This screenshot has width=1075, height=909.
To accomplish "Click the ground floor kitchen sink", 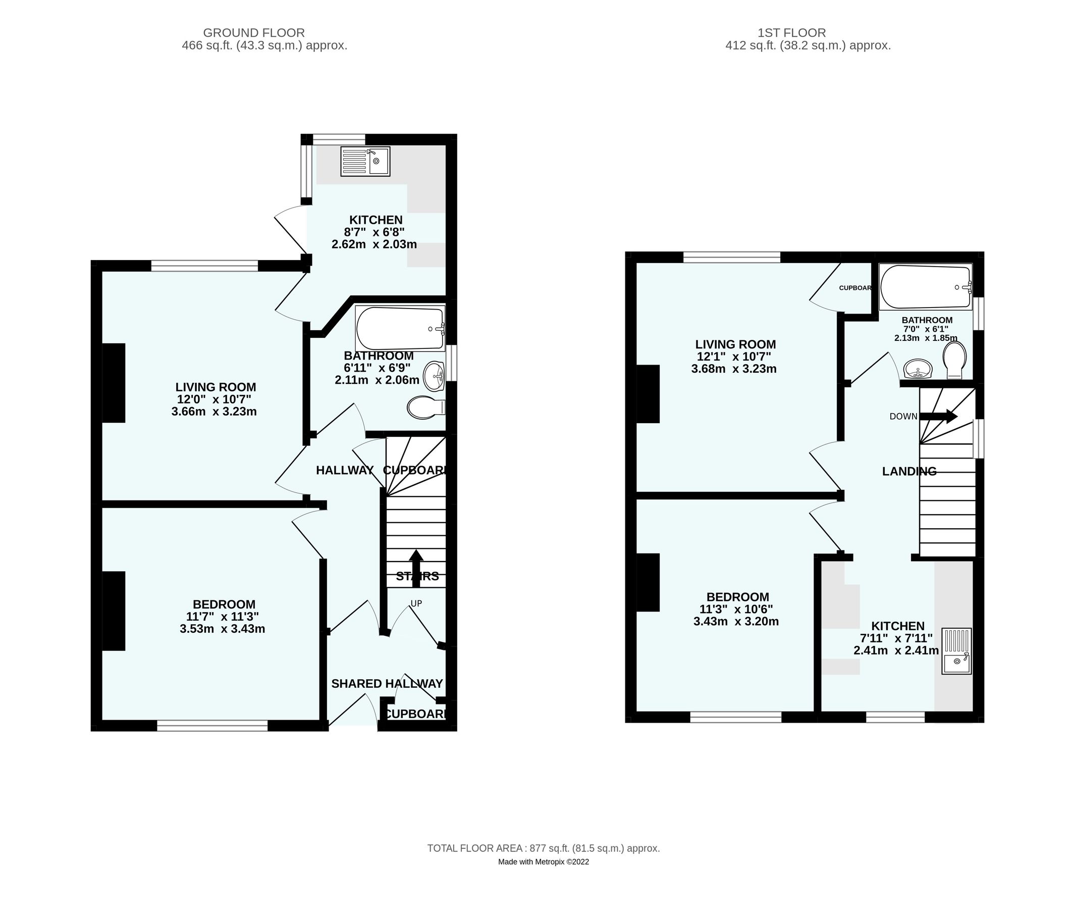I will point(365,161).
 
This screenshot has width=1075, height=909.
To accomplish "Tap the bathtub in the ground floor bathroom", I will point(400,329).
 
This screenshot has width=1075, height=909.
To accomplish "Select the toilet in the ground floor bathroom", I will point(425,408).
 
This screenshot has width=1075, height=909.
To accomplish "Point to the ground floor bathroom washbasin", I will point(434,376).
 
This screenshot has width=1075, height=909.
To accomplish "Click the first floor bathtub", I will point(926,287).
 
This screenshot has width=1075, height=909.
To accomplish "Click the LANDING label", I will point(909,471).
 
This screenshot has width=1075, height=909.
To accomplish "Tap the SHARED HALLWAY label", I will point(387,684).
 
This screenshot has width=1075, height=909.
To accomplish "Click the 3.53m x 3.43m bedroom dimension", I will point(223,629).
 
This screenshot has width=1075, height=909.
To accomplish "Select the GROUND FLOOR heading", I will point(254,33).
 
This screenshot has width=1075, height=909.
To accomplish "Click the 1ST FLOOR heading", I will point(792,33).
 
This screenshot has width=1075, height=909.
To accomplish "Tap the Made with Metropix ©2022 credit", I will point(544,862).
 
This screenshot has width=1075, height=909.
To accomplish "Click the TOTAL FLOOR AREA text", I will point(544,848).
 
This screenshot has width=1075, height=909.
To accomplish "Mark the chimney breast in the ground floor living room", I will point(114,383).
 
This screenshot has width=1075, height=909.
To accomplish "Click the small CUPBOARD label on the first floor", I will point(855,288).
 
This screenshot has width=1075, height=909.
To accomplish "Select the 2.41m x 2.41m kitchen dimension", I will point(896,651).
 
